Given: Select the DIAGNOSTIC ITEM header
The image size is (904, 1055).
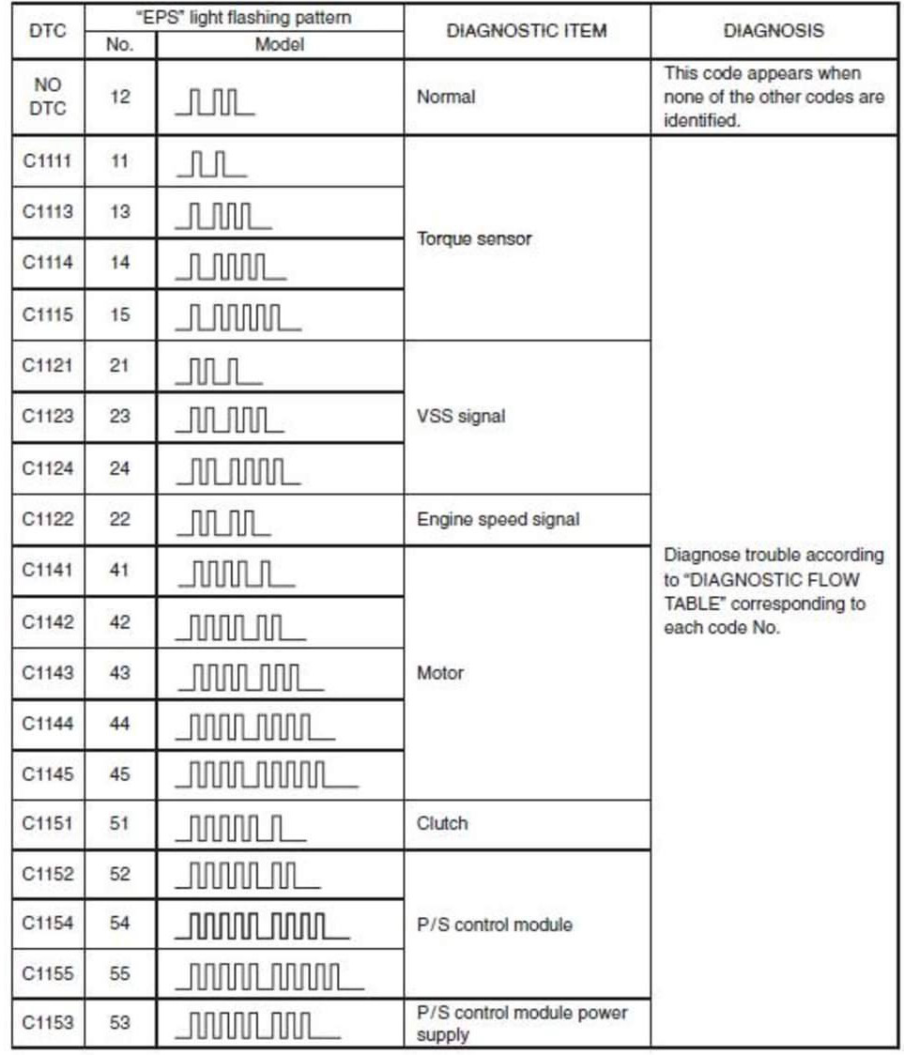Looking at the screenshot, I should click(527, 30).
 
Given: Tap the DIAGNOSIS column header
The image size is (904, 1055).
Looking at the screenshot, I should click(774, 30).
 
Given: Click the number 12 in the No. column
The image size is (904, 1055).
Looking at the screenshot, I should click(120, 97).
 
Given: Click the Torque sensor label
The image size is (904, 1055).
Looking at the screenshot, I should click(474, 238).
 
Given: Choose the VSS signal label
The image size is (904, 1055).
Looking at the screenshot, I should click(461, 417).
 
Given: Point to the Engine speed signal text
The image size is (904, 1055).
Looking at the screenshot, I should click(498, 519).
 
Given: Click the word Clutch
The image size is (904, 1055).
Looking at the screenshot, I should click(442, 823).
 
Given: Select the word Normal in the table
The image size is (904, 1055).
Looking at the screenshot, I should click(446, 97).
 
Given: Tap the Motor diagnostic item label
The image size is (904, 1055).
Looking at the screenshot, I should click(440, 673).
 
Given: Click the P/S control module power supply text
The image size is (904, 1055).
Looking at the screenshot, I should click(522, 1023).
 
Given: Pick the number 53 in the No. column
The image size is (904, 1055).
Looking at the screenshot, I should click(120, 1022).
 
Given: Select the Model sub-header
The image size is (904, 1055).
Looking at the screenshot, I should click(280, 44).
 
